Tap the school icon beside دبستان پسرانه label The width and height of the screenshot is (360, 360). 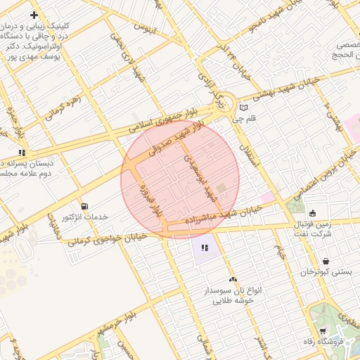[22, 152]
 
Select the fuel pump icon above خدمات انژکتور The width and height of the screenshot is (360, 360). [85, 207]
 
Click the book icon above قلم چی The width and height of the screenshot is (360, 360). [244, 108]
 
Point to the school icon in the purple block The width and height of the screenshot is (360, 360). [205, 247]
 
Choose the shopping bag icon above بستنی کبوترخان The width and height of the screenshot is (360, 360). [325, 262]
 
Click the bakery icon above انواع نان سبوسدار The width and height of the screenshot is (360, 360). [233, 280]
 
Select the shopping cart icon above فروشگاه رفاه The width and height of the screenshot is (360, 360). [323, 331]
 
